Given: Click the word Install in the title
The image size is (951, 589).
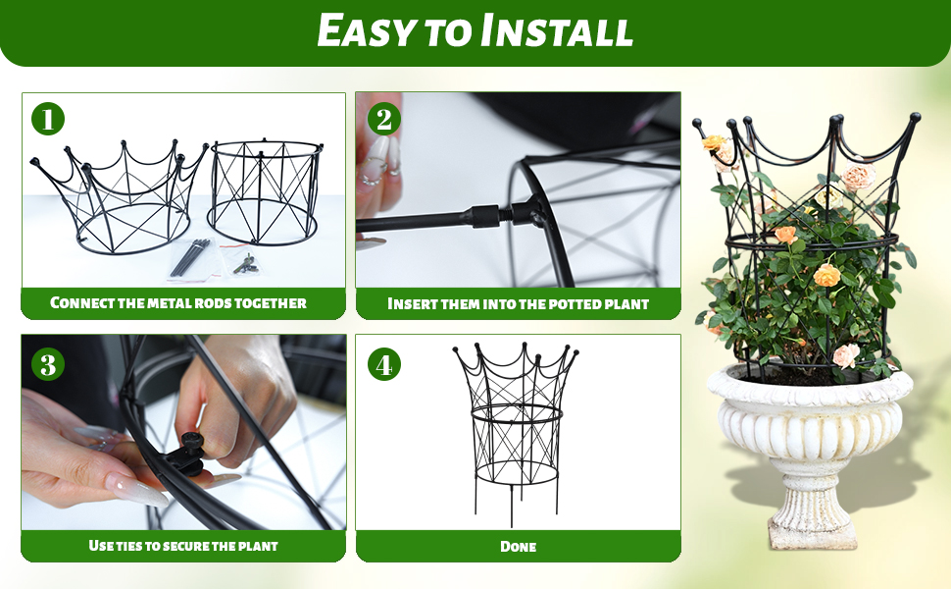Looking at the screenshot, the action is click(x=557, y=30).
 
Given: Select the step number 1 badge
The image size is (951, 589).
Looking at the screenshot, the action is click(x=48, y=119).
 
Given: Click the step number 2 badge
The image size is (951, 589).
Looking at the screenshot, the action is click(x=384, y=119).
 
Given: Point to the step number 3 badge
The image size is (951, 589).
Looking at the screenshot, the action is click(x=48, y=364).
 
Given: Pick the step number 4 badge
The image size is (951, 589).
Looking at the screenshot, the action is click(x=384, y=364).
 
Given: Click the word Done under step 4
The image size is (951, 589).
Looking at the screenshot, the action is click(x=518, y=547).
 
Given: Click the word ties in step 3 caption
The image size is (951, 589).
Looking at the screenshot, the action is click(x=129, y=545).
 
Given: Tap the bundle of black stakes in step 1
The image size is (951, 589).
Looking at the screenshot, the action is click(x=190, y=258).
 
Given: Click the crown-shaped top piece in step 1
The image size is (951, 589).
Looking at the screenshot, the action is click(x=119, y=195).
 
